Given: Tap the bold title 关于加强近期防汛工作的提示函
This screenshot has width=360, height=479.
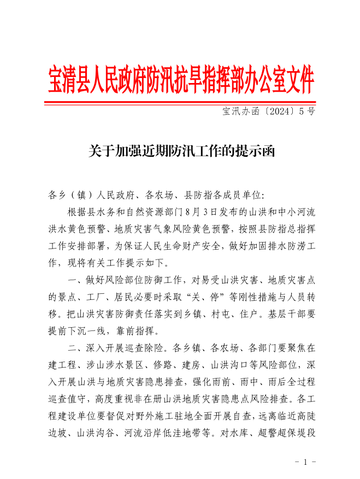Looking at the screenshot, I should tap(180, 151).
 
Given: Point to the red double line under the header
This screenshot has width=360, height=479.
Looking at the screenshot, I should tap(181, 103).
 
